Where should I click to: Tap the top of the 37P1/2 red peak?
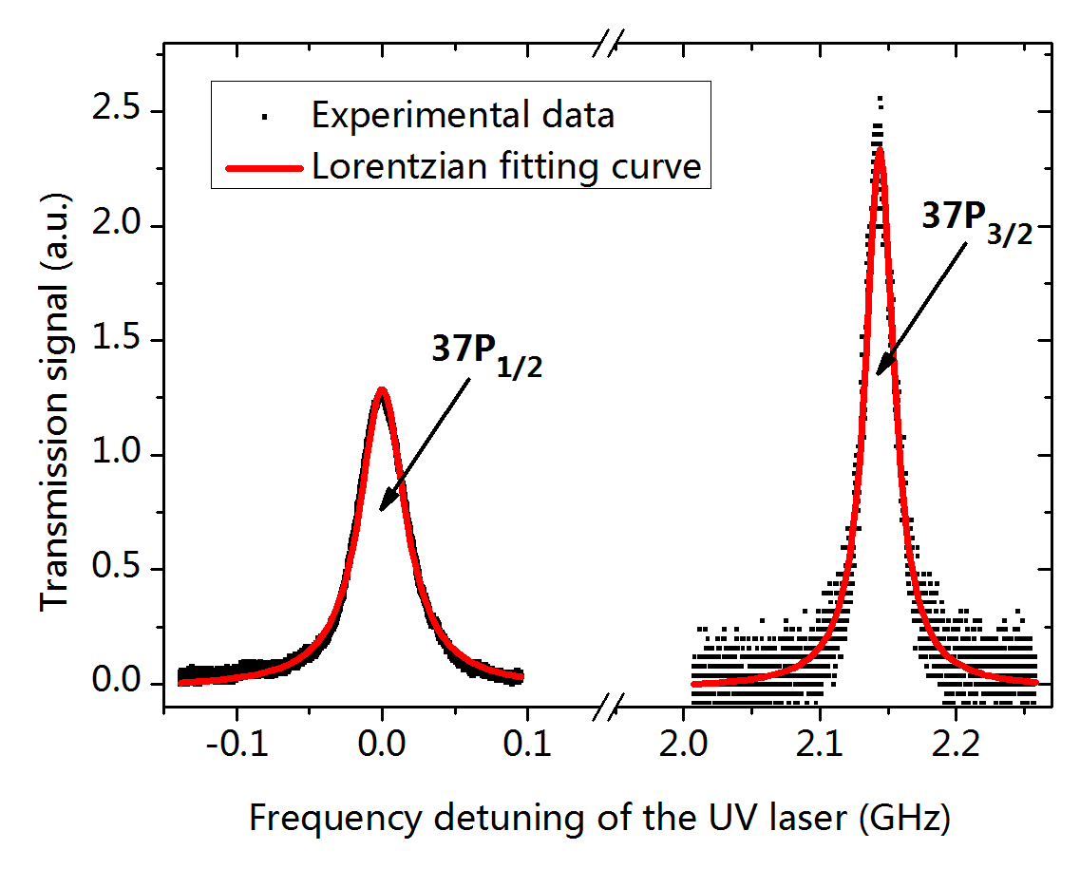(x=381, y=389)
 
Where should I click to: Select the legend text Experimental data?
(x=464, y=115)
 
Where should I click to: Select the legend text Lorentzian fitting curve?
(x=506, y=166)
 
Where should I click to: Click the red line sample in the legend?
(x=265, y=167)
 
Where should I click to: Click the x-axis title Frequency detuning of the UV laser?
(x=599, y=817)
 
